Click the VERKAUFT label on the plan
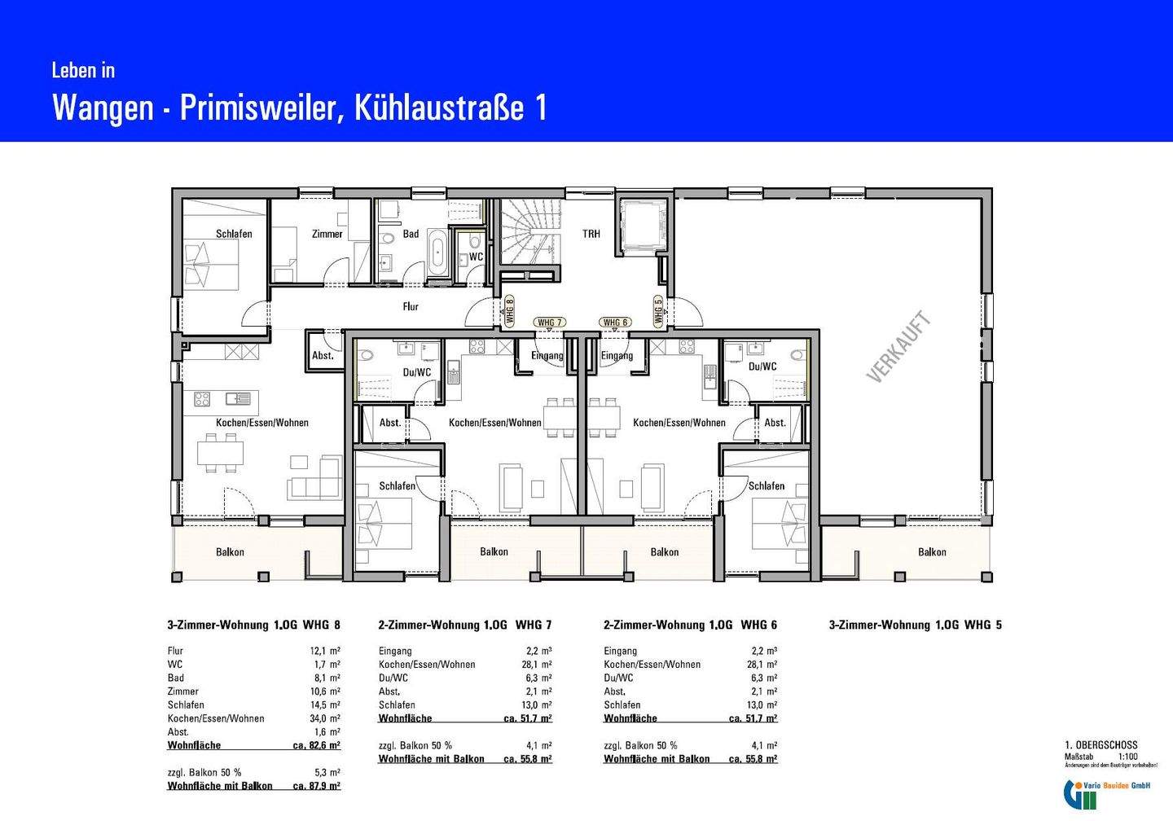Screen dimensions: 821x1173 pyautogui.click(x=898, y=347)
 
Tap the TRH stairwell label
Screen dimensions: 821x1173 pyautogui.click(x=591, y=234)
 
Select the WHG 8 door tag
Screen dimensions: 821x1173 pyautogui.click(x=510, y=310)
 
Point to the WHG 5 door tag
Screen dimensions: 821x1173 pyautogui.click(x=658, y=310)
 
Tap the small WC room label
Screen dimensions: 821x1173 pyautogui.click(x=476, y=257)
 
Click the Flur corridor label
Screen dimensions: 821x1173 pyautogui.click(x=411, y=306)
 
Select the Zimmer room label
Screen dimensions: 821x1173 pyautogui.click(x=327, y=234)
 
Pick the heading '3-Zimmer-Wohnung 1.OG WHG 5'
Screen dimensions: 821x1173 pyautogui.click(x=915, y=625)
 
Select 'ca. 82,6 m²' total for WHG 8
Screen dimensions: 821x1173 pyautogui.click(x=316, y=745)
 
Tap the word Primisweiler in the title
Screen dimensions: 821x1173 pyautogui.click(x=255, y=108)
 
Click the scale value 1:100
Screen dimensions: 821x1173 pyautogui.click(x=1127, y=757)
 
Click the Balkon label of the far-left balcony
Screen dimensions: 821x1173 pyautogui.click(x=230, y=552)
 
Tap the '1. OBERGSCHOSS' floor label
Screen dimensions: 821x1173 pyautogui.click(x=1101, y=745)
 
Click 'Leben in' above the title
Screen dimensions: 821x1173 pyautogui.click(x=83, y=71)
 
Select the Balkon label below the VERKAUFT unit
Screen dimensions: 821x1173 pyautogui.click(x=932, y=552)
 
